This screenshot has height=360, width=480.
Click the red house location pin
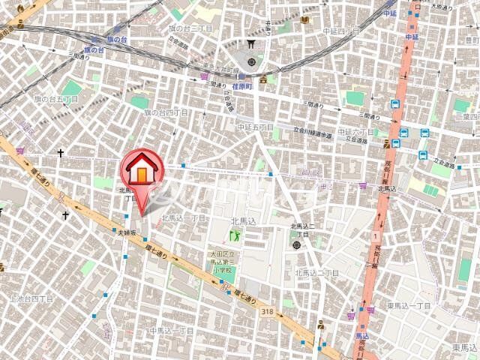point(140,171)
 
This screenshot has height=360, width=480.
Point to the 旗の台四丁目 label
point(166,112)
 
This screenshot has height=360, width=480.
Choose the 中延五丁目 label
point(254,127)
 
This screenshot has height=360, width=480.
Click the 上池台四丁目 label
point(31,298)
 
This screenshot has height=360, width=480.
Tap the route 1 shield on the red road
point(373,236)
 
